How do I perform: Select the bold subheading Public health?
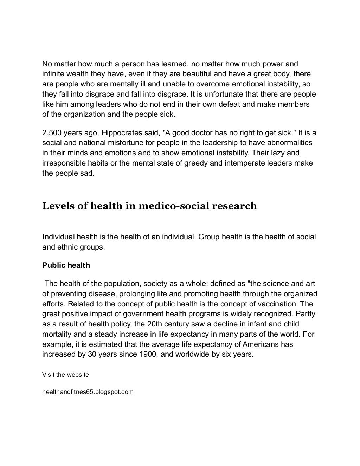(66, 265)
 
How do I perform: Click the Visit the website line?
(65, 375)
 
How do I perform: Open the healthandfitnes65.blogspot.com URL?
(88, 392)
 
